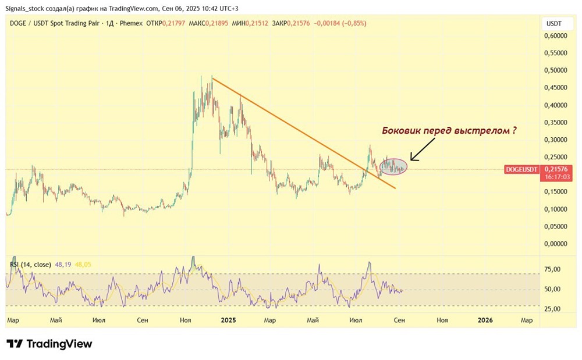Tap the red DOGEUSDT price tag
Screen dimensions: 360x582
[x=521, y=169]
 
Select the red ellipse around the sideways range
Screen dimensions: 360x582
[x=393, y=167]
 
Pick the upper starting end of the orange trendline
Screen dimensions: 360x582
[x=212, y=77]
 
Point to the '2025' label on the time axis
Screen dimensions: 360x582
[x=228, y=320]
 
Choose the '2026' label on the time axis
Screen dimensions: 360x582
[x=485, y=320]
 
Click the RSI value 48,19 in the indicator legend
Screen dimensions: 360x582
[x=62, y=265]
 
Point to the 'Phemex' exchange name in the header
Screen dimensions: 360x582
[x=131, y=23]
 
